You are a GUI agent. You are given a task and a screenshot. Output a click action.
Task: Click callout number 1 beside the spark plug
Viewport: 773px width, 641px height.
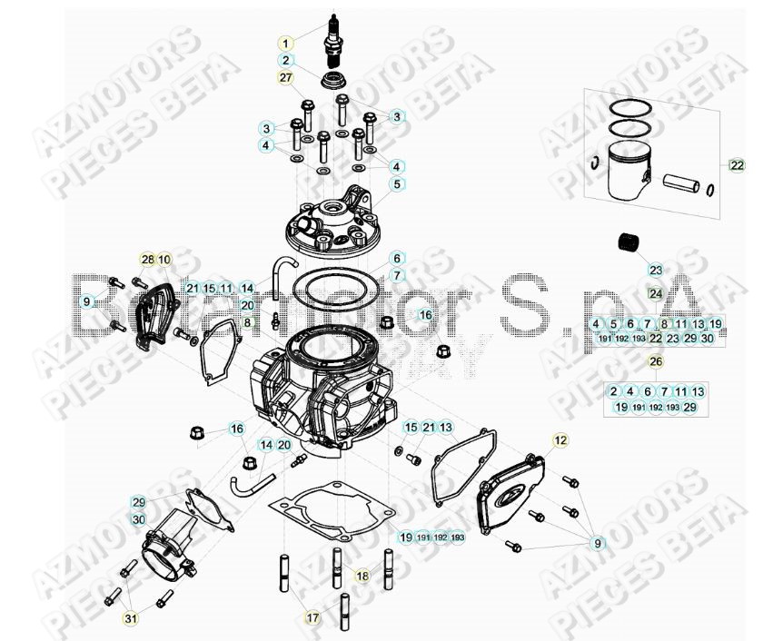tap(285, 43)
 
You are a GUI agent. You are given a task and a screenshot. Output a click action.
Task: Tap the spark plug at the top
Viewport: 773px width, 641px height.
tap(333, 36)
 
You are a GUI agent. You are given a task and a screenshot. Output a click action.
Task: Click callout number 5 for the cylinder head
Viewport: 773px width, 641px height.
tap(397, 185)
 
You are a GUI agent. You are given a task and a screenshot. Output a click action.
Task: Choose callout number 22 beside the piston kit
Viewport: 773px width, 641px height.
tap(736, 165)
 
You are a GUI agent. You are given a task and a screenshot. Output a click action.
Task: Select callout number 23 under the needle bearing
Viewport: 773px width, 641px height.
tap(656, 270)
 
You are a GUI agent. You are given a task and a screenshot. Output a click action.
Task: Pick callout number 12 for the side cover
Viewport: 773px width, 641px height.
tap(560, 440)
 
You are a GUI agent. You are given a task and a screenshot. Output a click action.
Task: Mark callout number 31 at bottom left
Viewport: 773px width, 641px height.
tap(132, 619)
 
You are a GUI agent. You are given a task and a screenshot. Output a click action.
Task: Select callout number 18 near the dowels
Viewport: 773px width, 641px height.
tap(362, 575)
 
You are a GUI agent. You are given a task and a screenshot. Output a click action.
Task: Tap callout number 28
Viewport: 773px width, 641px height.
tap(148, 260)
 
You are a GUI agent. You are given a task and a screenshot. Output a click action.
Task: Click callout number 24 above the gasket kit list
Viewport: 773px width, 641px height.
tap(656, 293)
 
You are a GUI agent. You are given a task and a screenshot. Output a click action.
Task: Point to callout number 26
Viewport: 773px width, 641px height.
tap(656, 362)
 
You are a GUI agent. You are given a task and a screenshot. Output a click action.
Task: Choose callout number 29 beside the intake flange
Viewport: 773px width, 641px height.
tap(138, 502)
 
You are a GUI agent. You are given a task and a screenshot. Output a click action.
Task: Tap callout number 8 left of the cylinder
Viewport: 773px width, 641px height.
tap(246, 322)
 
